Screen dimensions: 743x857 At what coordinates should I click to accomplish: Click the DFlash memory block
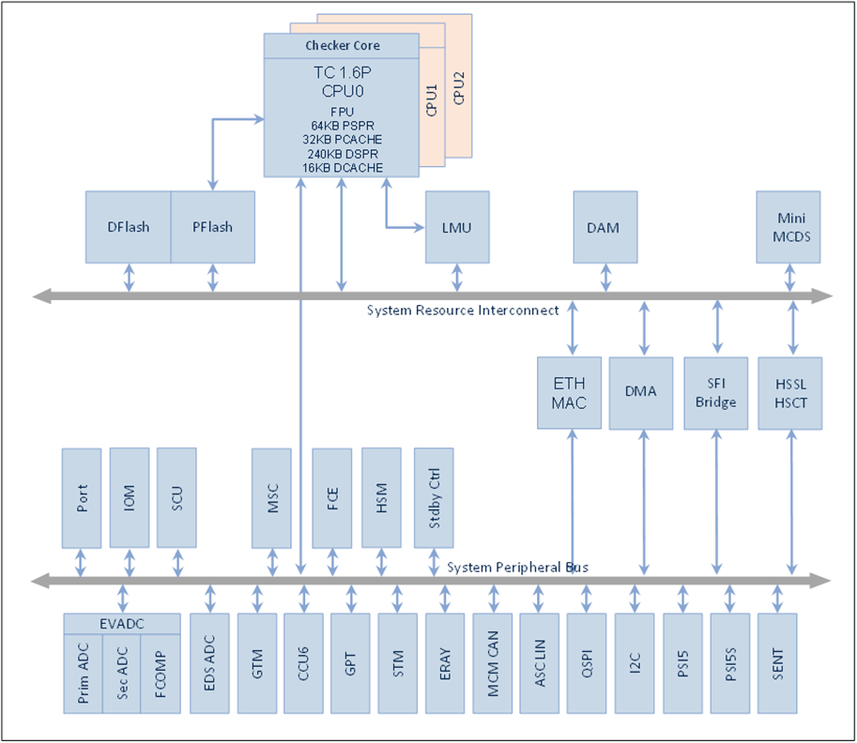128,227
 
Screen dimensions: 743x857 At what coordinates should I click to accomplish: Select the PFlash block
212,227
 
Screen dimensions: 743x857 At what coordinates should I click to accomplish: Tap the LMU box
457,227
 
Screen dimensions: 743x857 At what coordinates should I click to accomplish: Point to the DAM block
604,227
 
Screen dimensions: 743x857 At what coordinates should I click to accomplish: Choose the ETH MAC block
570,392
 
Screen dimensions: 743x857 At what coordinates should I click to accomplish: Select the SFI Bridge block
718,392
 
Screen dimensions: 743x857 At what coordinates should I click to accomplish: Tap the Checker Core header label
343,45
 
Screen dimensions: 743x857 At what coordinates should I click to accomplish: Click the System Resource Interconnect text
463,311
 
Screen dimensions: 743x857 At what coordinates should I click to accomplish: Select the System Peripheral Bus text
517,567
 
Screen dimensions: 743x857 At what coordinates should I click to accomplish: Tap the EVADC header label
121,623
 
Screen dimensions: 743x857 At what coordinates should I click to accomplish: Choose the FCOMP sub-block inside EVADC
161,674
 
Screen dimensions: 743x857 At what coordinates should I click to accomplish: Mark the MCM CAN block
492,664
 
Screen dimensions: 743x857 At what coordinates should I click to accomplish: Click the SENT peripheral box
776,664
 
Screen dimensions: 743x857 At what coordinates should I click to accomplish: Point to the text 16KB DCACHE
343,168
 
